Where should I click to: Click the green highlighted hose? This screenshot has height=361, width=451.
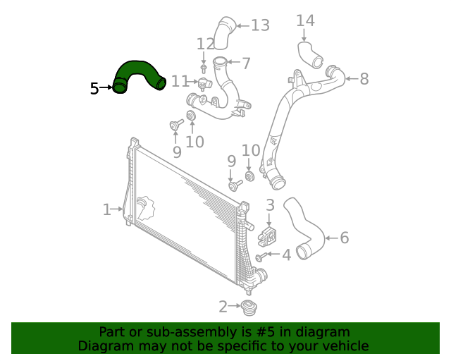click(x=139, y=73)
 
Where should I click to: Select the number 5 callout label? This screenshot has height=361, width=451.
click(x=94, y=88)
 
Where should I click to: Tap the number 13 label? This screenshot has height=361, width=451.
click(x=260, y=26)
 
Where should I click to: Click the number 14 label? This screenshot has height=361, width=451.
click(x=305, y=21)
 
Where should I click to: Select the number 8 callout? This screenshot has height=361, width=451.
click(x=364, y=79)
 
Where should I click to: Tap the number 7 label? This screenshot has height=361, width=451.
click(x=246, y=63)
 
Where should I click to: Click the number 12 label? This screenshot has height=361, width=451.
click(x=205, y=44)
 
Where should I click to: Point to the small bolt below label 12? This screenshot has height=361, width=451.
click(x=204, y=68)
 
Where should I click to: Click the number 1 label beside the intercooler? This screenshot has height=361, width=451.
click(x=106, y=209)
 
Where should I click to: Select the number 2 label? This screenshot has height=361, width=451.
click(x=223, y=307)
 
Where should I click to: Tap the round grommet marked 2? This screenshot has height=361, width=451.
click(x=249, y=308)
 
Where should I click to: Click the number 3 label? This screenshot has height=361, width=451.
click(x=270, y=205)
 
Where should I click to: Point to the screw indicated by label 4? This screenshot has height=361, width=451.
click(x=261, y=257)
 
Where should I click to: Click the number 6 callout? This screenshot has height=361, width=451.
click(x=344, y=238)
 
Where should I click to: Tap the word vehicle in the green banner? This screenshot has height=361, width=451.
click(x=343, y=346)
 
